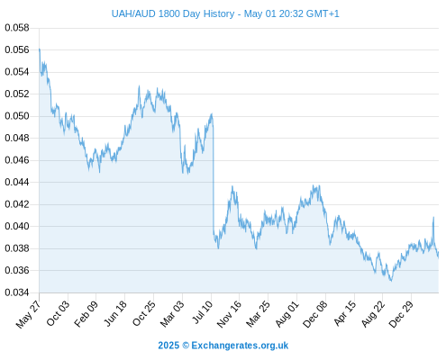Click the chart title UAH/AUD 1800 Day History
[x=173, y=13]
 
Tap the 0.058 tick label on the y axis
[x=17, y=28]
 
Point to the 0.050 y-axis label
[x=17, y=116]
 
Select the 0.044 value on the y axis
[x=17, y=182]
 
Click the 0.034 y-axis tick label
[x=17, y=292]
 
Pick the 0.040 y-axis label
[x=17, y=226]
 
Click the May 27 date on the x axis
[x=28, y=314]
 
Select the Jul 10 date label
[x=202, y=312]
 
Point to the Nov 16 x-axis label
[x=229, y=314]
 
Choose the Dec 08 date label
[x=315, y=314]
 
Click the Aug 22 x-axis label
[x=373, y=314]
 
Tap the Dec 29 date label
[x=401, y=314]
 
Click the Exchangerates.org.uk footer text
[x=240, y=346]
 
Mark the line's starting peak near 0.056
[x=40, y=49]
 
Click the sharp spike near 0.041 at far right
[x=433, y=217]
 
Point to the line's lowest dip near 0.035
[x=391, y=281]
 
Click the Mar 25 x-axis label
[x=258, y=314]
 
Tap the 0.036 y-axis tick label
[x=17, y=270]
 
